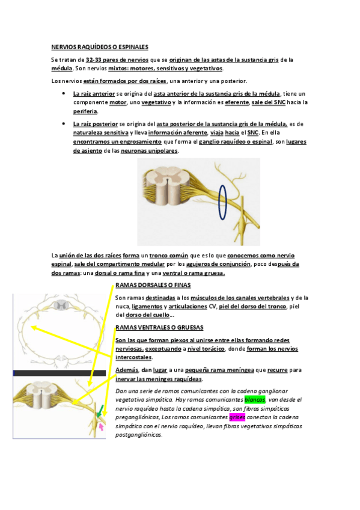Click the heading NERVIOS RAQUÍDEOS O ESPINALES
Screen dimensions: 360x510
[x=100, y=47]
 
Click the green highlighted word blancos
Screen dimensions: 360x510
[x=255, y=399]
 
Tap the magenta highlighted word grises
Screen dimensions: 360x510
[x=237, y=417]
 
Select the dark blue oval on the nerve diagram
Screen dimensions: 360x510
[x=222, y=202]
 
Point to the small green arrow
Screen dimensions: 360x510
[x=100, y=411]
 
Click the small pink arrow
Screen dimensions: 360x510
[x=102, y=426]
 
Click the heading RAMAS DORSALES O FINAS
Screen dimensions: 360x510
[x=153, y=285]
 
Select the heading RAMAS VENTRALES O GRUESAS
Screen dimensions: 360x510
[x=159, y=328]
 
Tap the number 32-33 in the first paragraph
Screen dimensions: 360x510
[x=94, y=60]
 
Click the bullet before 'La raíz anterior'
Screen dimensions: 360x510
[x=63, y=94]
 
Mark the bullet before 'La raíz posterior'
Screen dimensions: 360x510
[x=63, y=124]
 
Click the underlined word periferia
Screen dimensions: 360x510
[x=85, y=111]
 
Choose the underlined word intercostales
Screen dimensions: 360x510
[x=133, y=357]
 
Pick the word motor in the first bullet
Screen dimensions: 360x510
[x=118, y=102]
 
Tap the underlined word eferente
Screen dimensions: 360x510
[x=237, y=102]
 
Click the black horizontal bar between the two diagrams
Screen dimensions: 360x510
[x=59, y=373]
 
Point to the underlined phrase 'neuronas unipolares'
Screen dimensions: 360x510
[x=150, y=150]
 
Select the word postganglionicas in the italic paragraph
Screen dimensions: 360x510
[x=138, y=435]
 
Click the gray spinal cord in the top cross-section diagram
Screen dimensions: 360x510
[x=59, y=305]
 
